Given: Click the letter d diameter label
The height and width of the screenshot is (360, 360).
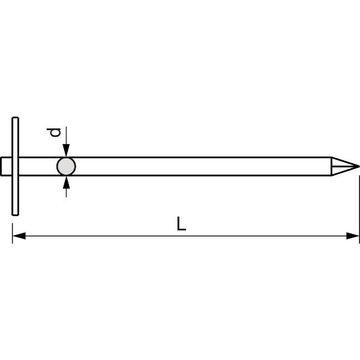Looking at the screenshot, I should [55, 131].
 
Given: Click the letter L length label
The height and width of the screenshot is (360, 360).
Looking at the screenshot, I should [181, 224].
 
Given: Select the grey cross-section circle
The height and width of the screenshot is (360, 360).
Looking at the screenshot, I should [66, 166].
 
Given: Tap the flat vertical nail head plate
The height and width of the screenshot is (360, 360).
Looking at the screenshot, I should [15, 166].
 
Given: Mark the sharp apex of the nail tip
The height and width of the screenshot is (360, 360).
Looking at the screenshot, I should [358, 166].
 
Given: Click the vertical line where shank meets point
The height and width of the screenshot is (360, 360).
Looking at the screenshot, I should [331, 166].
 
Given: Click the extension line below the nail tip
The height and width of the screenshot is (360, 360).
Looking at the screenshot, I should [359, 204].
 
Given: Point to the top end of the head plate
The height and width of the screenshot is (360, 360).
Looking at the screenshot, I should [15, 119].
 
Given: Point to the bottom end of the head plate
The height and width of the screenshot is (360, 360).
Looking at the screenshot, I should [15, 212].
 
